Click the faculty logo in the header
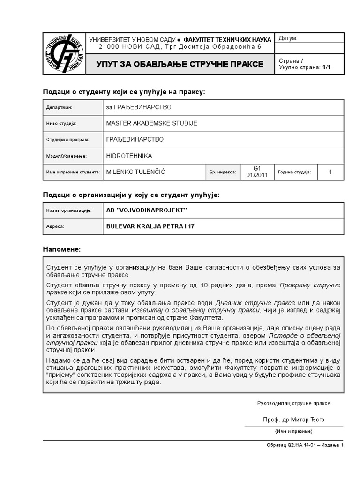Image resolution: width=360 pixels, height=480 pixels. coord(64,54)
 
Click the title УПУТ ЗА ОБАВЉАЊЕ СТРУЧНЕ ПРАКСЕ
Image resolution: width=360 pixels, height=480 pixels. coord(180,64)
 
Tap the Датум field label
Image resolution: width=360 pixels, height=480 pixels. coord(288,38)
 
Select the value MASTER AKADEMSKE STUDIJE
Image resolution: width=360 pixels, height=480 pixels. coord(152,123)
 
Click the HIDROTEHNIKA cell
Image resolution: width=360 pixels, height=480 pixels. coord(129,156)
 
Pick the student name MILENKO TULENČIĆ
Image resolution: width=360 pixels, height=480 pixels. coord(136,172)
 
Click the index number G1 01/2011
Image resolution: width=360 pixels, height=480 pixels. coord(256,172)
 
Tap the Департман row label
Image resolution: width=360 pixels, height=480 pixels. coord(59,107)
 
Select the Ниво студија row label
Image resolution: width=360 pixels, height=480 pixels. coord(61,124)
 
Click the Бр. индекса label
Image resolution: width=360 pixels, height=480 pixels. coord(223,172)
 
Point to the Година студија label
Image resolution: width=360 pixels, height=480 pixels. coord(294,172)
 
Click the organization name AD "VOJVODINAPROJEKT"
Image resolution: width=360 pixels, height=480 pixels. coord(147,210)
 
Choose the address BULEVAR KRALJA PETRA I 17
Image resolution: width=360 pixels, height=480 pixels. coord(150,226)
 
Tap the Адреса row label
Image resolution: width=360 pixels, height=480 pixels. coord(55,226)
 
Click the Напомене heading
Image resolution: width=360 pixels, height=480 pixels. coord(62,248)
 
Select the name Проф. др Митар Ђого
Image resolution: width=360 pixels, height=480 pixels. coord(293,420)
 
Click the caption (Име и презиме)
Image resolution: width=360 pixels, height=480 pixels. coord(293,431)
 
